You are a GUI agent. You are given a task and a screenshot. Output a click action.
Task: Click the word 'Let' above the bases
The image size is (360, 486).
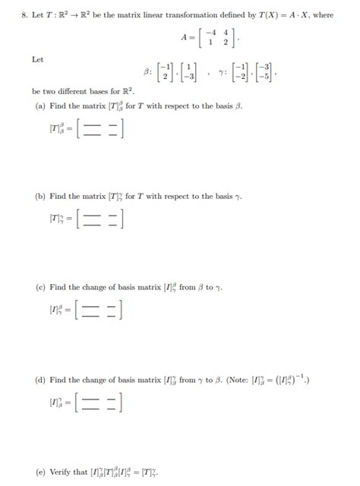tap(37, 58)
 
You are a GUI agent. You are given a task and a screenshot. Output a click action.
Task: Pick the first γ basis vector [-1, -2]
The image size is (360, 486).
tap(242, 72)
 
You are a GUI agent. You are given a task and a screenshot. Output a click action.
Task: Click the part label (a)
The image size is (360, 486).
tap(40, 106)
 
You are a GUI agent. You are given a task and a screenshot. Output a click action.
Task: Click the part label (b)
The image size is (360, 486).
tap(40, 197)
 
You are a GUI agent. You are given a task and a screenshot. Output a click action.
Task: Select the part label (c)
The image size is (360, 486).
tap(40, 288)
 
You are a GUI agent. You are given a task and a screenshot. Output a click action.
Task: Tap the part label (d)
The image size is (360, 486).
tap(40, 379)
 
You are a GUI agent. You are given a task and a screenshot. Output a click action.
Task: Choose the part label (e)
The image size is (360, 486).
tap(40, 471)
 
